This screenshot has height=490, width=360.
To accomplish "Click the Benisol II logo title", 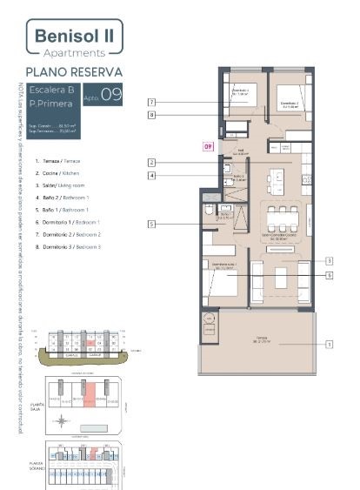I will [75, 36].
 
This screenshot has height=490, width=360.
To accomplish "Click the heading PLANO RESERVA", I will [74, 71].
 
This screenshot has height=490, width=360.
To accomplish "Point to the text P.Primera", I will [49, 104].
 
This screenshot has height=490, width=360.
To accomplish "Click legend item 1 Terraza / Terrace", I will [60, 162].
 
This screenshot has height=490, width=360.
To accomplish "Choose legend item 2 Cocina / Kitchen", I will [60, 174].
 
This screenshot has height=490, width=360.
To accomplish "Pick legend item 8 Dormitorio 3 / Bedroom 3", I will [68, 247].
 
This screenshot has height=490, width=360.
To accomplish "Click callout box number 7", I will [151, 102].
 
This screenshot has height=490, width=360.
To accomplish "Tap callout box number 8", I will [151, 114].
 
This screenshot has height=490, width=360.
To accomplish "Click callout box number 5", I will [151, 224].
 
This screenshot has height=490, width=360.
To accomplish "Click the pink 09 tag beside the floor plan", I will [208, 146].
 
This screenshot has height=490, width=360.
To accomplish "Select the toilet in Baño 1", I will [209, 211].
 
